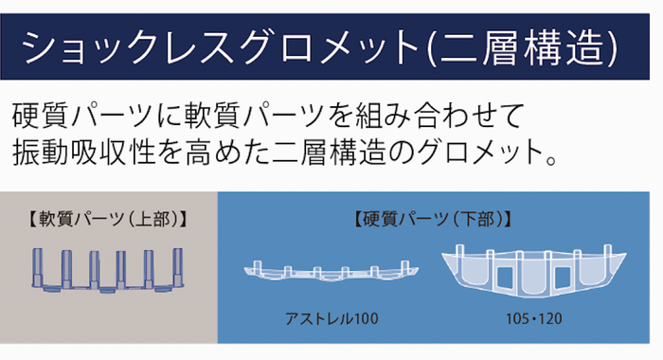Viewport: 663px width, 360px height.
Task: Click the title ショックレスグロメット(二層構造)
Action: [x=320, y=47]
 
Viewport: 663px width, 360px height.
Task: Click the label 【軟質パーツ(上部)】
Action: [x=108, y=219]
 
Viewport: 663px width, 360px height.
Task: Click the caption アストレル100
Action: [x=331, y=318]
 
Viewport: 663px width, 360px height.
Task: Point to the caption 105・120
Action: [x=533, y=318]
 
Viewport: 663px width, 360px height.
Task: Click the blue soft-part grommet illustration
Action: [x=107, y=270]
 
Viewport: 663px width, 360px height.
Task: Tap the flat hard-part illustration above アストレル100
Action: [x=331, y=272]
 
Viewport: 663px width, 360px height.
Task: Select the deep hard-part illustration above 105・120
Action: [x=533, y=271]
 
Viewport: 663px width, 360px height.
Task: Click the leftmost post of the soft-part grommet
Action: [x=37, y=266]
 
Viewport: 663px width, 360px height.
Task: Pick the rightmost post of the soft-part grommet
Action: [x=178, y=266]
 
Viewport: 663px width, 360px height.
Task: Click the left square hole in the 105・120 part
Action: [x=505, y=278]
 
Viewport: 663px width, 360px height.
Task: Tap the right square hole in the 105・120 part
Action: [x=563, y=278]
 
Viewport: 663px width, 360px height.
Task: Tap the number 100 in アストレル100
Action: [x=365, y=318]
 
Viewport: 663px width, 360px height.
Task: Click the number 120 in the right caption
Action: [x=549, y=318]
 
